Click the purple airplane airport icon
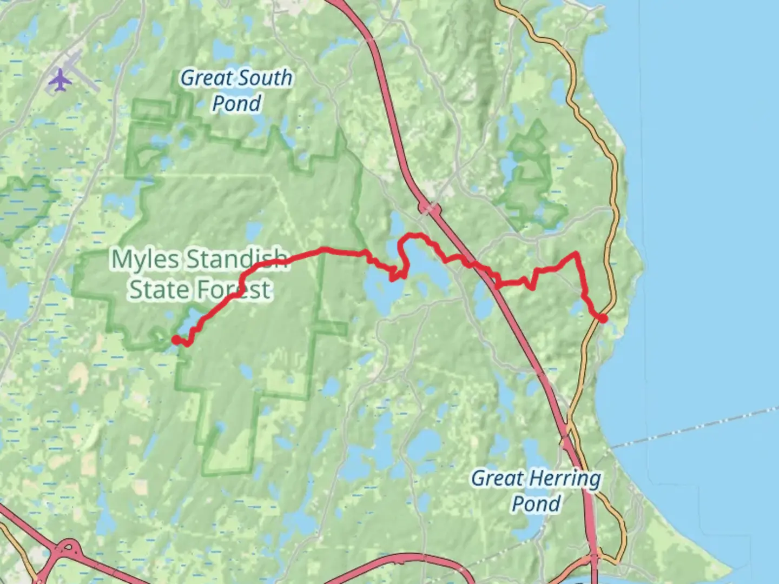pos(60,81)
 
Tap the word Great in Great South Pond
pos(205,78)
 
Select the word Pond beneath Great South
pos(236,103)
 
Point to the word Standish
pos(237,260)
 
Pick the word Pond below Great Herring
pos(536,504)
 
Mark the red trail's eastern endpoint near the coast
pos(603,318)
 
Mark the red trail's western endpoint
pos(175,339)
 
